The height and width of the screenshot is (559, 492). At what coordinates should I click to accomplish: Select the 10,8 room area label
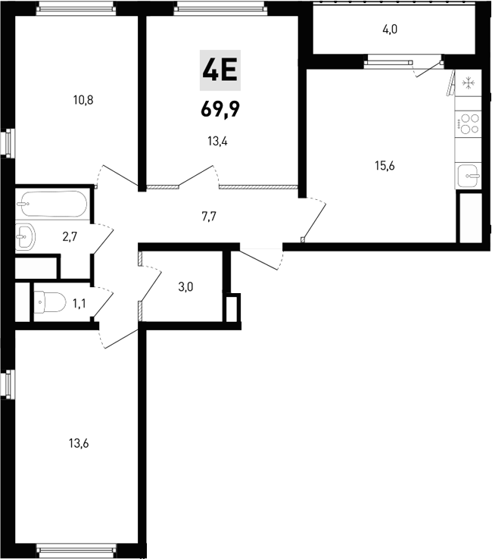click(83, 99)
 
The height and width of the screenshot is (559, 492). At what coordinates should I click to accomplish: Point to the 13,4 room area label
click(219, 139)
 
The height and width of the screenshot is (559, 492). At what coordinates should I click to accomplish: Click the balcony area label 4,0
click(390, 30)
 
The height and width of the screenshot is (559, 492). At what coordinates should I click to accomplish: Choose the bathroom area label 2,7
click(70, 236)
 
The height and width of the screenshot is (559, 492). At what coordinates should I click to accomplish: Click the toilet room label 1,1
click(79, 304)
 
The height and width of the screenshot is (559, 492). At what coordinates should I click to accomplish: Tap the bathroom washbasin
click(25, 237)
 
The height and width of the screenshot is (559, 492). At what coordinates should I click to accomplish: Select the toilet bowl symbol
click(49, 304)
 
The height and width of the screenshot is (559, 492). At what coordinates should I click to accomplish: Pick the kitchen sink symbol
click(469, 176)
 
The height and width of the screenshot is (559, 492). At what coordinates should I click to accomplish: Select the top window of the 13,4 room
click(221, 8)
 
